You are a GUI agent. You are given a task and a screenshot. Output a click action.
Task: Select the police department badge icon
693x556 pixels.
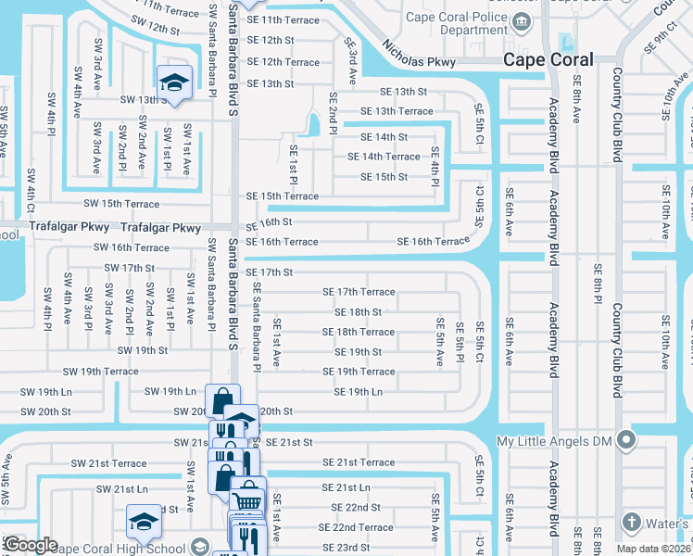(x=523, y=21)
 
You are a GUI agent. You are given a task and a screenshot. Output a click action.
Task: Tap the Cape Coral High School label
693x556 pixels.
(x=119, y=547)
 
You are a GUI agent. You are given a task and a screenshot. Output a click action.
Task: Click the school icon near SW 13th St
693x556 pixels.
(x=173, y=82)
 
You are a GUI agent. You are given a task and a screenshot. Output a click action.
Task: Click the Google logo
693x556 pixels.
(x=31, y=545)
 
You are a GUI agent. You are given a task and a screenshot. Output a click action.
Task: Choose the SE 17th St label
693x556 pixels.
(x=269, y=272)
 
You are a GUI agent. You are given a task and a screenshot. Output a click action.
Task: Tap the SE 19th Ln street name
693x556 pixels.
(x=358, y=392)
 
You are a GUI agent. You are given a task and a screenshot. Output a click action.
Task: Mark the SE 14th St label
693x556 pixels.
(x=384, y=137)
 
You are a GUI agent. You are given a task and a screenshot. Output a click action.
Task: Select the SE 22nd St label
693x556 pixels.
(x=349, y=508)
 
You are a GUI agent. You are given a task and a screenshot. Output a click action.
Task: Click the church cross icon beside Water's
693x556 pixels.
(x=632, y=522)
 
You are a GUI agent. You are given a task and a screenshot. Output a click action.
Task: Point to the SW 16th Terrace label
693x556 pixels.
(x=132, y=248)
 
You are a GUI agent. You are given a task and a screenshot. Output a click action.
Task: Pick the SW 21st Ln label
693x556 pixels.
(x=122, y=488)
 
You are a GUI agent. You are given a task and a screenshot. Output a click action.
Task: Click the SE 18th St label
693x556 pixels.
(x=358, y=312)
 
